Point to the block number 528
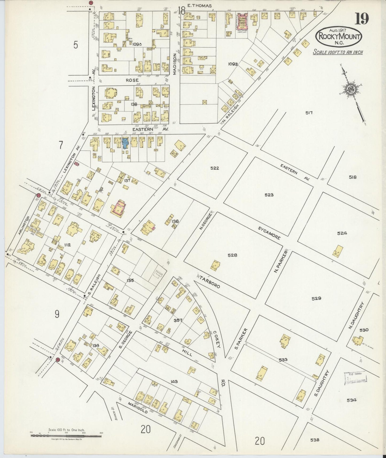pyautogui.click(x=232, y=255)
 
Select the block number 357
pyautogui.click(x=178, y=320)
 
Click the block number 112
pyautogui.click(x=67, y=244)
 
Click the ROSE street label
pyautogui.click(x=132, y=80)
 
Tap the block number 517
pyautogui.click(x=309, y=113)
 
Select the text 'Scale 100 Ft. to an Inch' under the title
pyautogui.click(x=338, y=52)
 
